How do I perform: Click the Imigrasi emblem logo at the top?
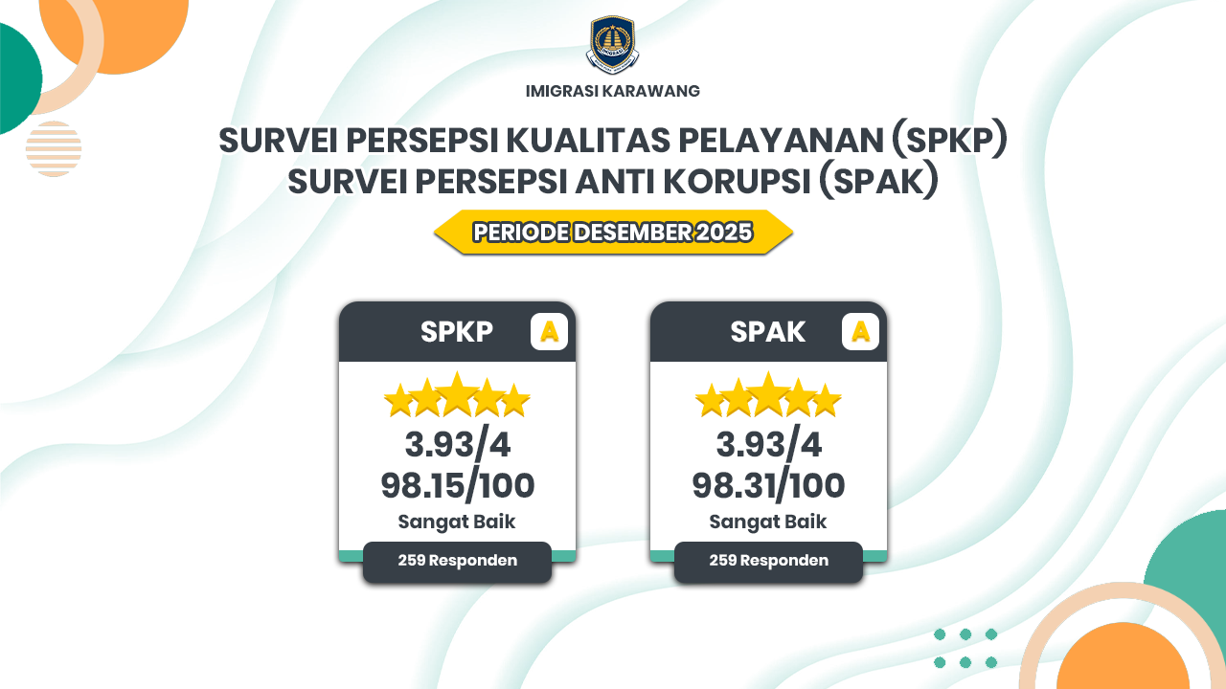612,45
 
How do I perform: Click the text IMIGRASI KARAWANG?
612,91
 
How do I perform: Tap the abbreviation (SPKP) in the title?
949,141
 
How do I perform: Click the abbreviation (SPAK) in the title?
879,182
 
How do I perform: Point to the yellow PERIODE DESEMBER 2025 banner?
613,232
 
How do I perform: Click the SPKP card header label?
457,331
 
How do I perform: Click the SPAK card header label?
767,331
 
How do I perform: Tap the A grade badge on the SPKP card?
549,331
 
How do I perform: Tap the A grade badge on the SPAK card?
860,331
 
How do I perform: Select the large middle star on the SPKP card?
458,394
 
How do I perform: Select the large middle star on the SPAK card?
768,394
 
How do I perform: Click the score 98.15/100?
458,485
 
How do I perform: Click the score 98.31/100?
768,485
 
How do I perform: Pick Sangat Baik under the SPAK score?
768,522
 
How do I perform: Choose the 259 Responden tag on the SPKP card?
457,562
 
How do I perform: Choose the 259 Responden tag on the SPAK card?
768,562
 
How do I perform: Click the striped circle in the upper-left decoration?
54,148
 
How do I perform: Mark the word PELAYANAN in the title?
781,141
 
